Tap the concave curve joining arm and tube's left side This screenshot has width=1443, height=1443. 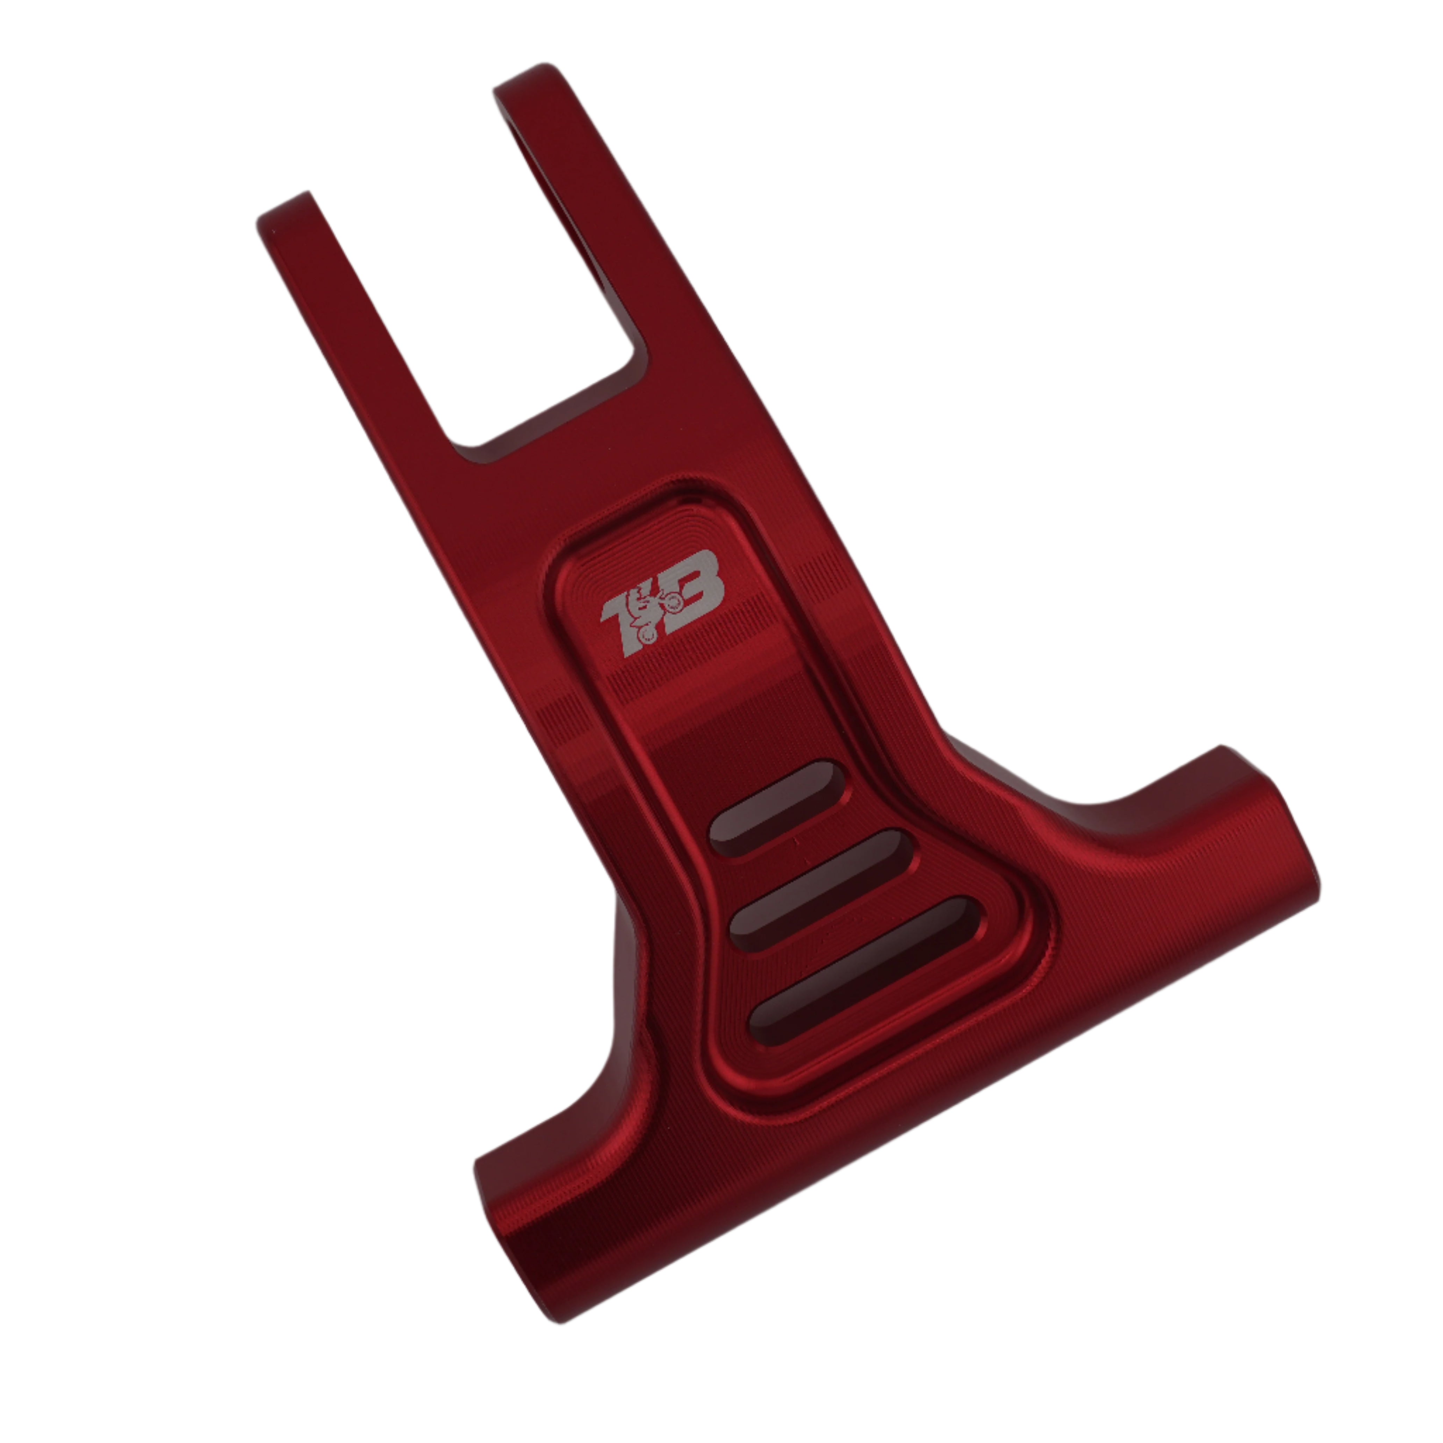click(597, 1098)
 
